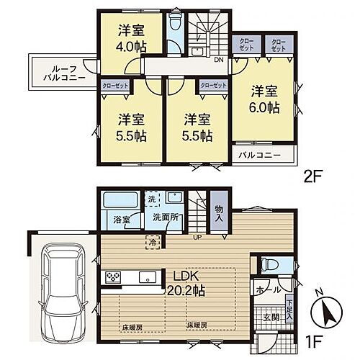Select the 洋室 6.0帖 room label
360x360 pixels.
click(264, 100)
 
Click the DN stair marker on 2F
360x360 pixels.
click(217, 61)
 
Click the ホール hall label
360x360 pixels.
click(264, 289)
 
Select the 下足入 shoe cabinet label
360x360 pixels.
click(289, 311)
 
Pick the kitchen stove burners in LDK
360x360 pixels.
click(113, 276)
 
